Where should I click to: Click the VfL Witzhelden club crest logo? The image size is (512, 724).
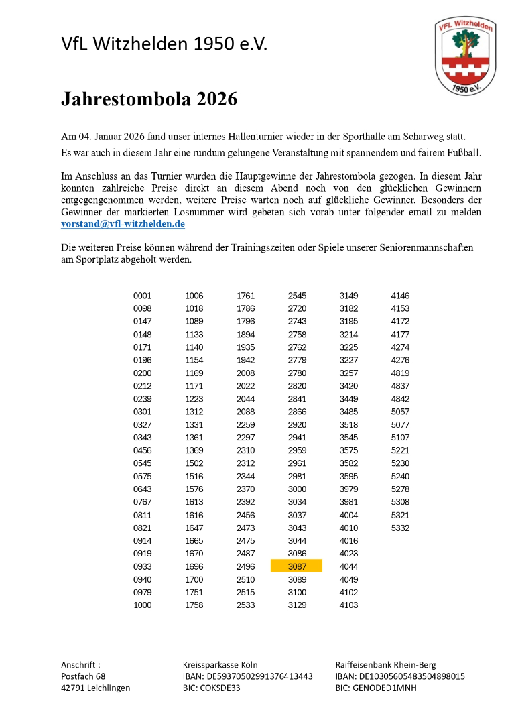[465, 56]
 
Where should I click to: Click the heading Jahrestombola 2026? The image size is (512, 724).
[149, 99]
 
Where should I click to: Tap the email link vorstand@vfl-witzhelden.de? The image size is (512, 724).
[123, 224]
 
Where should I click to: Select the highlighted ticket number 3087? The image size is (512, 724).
[297, 566]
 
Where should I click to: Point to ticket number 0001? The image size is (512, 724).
[143, 296]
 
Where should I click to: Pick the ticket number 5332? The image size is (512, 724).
[400, 528]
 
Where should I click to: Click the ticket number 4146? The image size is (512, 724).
[400, 296]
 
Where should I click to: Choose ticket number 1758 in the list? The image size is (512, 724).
[194, 605]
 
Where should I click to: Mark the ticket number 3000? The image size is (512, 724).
[297, 489]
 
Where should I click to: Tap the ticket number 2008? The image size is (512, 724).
[246, 373]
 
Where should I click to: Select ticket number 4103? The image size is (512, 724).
[348, 605]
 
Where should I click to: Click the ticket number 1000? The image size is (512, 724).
[143, 605]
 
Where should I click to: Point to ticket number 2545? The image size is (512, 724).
[297, 296]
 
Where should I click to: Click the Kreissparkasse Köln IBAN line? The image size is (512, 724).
[248, 676]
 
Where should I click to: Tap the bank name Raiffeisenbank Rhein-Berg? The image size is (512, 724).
[385, 665]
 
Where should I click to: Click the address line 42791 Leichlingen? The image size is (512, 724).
[96, 688]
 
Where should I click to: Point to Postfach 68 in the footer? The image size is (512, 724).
[83, 676]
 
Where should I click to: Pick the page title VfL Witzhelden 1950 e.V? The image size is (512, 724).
[164, 44]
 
